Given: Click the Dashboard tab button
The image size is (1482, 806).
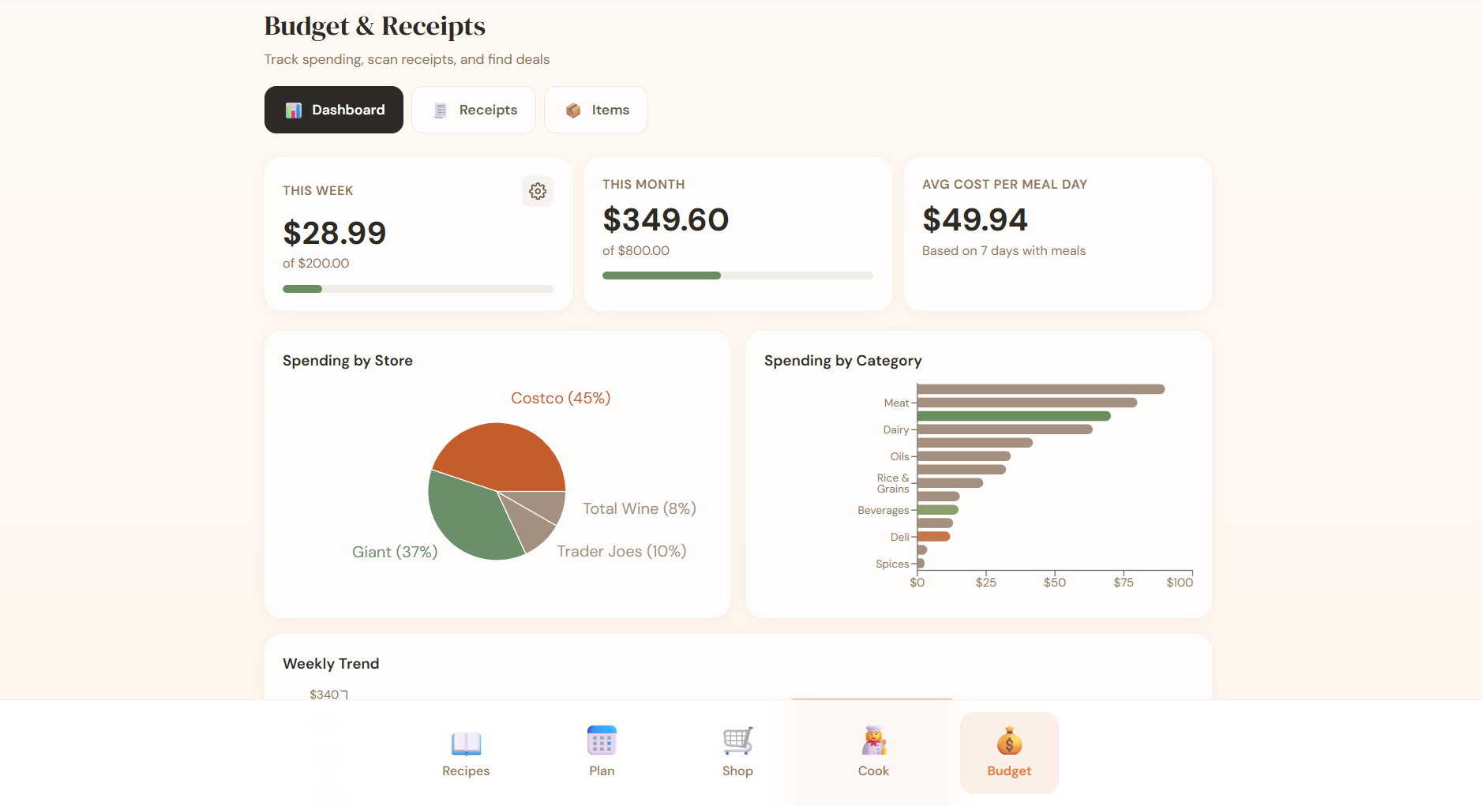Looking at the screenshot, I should pyautogui.click(x=333, y=110).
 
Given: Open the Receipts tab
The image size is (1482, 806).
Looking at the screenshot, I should pyautogui.click(x=474, y=110).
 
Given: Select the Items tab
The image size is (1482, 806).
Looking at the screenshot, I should pyautogui.click(x=596, y=110).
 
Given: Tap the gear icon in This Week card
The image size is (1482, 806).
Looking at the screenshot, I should pyautogui.click(x=538, y=191).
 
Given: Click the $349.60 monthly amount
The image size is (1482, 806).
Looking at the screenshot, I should pyautogui.click(x=666, y=219).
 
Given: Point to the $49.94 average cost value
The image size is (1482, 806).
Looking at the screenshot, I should pyautogui.click(x=975, y=219).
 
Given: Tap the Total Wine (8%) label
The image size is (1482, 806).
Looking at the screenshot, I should pyautogui.click(x=639, y=508).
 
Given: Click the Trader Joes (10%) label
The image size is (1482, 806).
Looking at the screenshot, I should pyautogui.click(x=621, y=551).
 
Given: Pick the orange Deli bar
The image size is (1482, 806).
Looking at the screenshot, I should pyautogui.click(x=933, y=537).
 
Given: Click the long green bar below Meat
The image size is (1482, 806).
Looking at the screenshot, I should pyautogui.click(x=1013, y=416).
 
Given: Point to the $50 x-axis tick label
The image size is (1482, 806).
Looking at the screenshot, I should pyautogui.click(x=1054, y=583).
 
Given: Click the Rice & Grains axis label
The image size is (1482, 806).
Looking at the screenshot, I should pyautogui.click(x=892, y=483).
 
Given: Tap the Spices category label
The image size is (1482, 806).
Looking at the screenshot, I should pyautogui.click(x=892, y=564).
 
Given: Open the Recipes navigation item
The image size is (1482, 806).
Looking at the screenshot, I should pyautogui.click(x=466, y=753).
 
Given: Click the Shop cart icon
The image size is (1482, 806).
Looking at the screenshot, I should pyautogui.click(x=737, y=740).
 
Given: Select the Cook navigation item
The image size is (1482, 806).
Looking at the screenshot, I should pyautogui.click(x=873, y=753).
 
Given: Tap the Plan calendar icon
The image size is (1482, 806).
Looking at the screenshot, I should pyautogui.click(x=602, y=740).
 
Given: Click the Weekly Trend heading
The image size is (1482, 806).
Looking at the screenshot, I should pyautogui.click(x=331, y=664).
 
